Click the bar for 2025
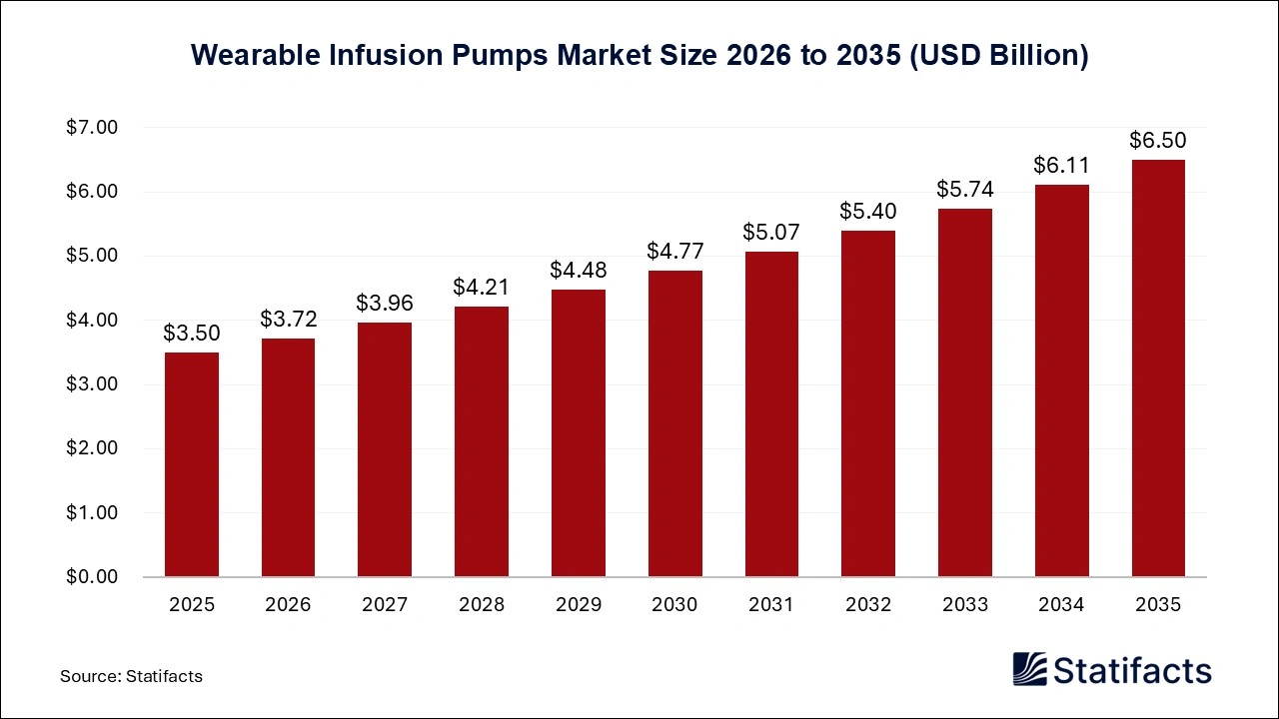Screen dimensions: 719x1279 pyautogui.click(x=191, y=464)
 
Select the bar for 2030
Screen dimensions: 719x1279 pyautogui.click(x=674, y=423)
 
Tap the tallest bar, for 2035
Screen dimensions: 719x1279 pyautogui.click(x=1158, y=368)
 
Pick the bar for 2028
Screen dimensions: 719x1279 pyautogui.click(x=481, y=441)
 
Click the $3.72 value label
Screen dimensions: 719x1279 pyautogui.click(x=288, y=319)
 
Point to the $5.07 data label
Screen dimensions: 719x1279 pyautogui.click(x=771, y=232)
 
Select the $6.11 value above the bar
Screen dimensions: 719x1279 pyautogui.click(x=1061, y=165)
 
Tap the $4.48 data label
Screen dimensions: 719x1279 pyautogui.click(x=578, y=270)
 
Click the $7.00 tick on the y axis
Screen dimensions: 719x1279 pyautogui.click(x=92, y=128)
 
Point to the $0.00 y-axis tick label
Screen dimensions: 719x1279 pyautogui.click(x=92, y=577)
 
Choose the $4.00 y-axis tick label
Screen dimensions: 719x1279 pyautogui.click(x=92, y=321)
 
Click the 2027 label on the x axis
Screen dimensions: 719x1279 pyautogui.click(x=385, y=605)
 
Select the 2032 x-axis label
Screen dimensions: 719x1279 pyautogui.click(x=868, y=605)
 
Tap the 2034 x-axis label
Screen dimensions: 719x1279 pyautogui.click(x=1061, y=605)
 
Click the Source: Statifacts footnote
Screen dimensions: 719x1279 pyautogui.click(x=131, y=676)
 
